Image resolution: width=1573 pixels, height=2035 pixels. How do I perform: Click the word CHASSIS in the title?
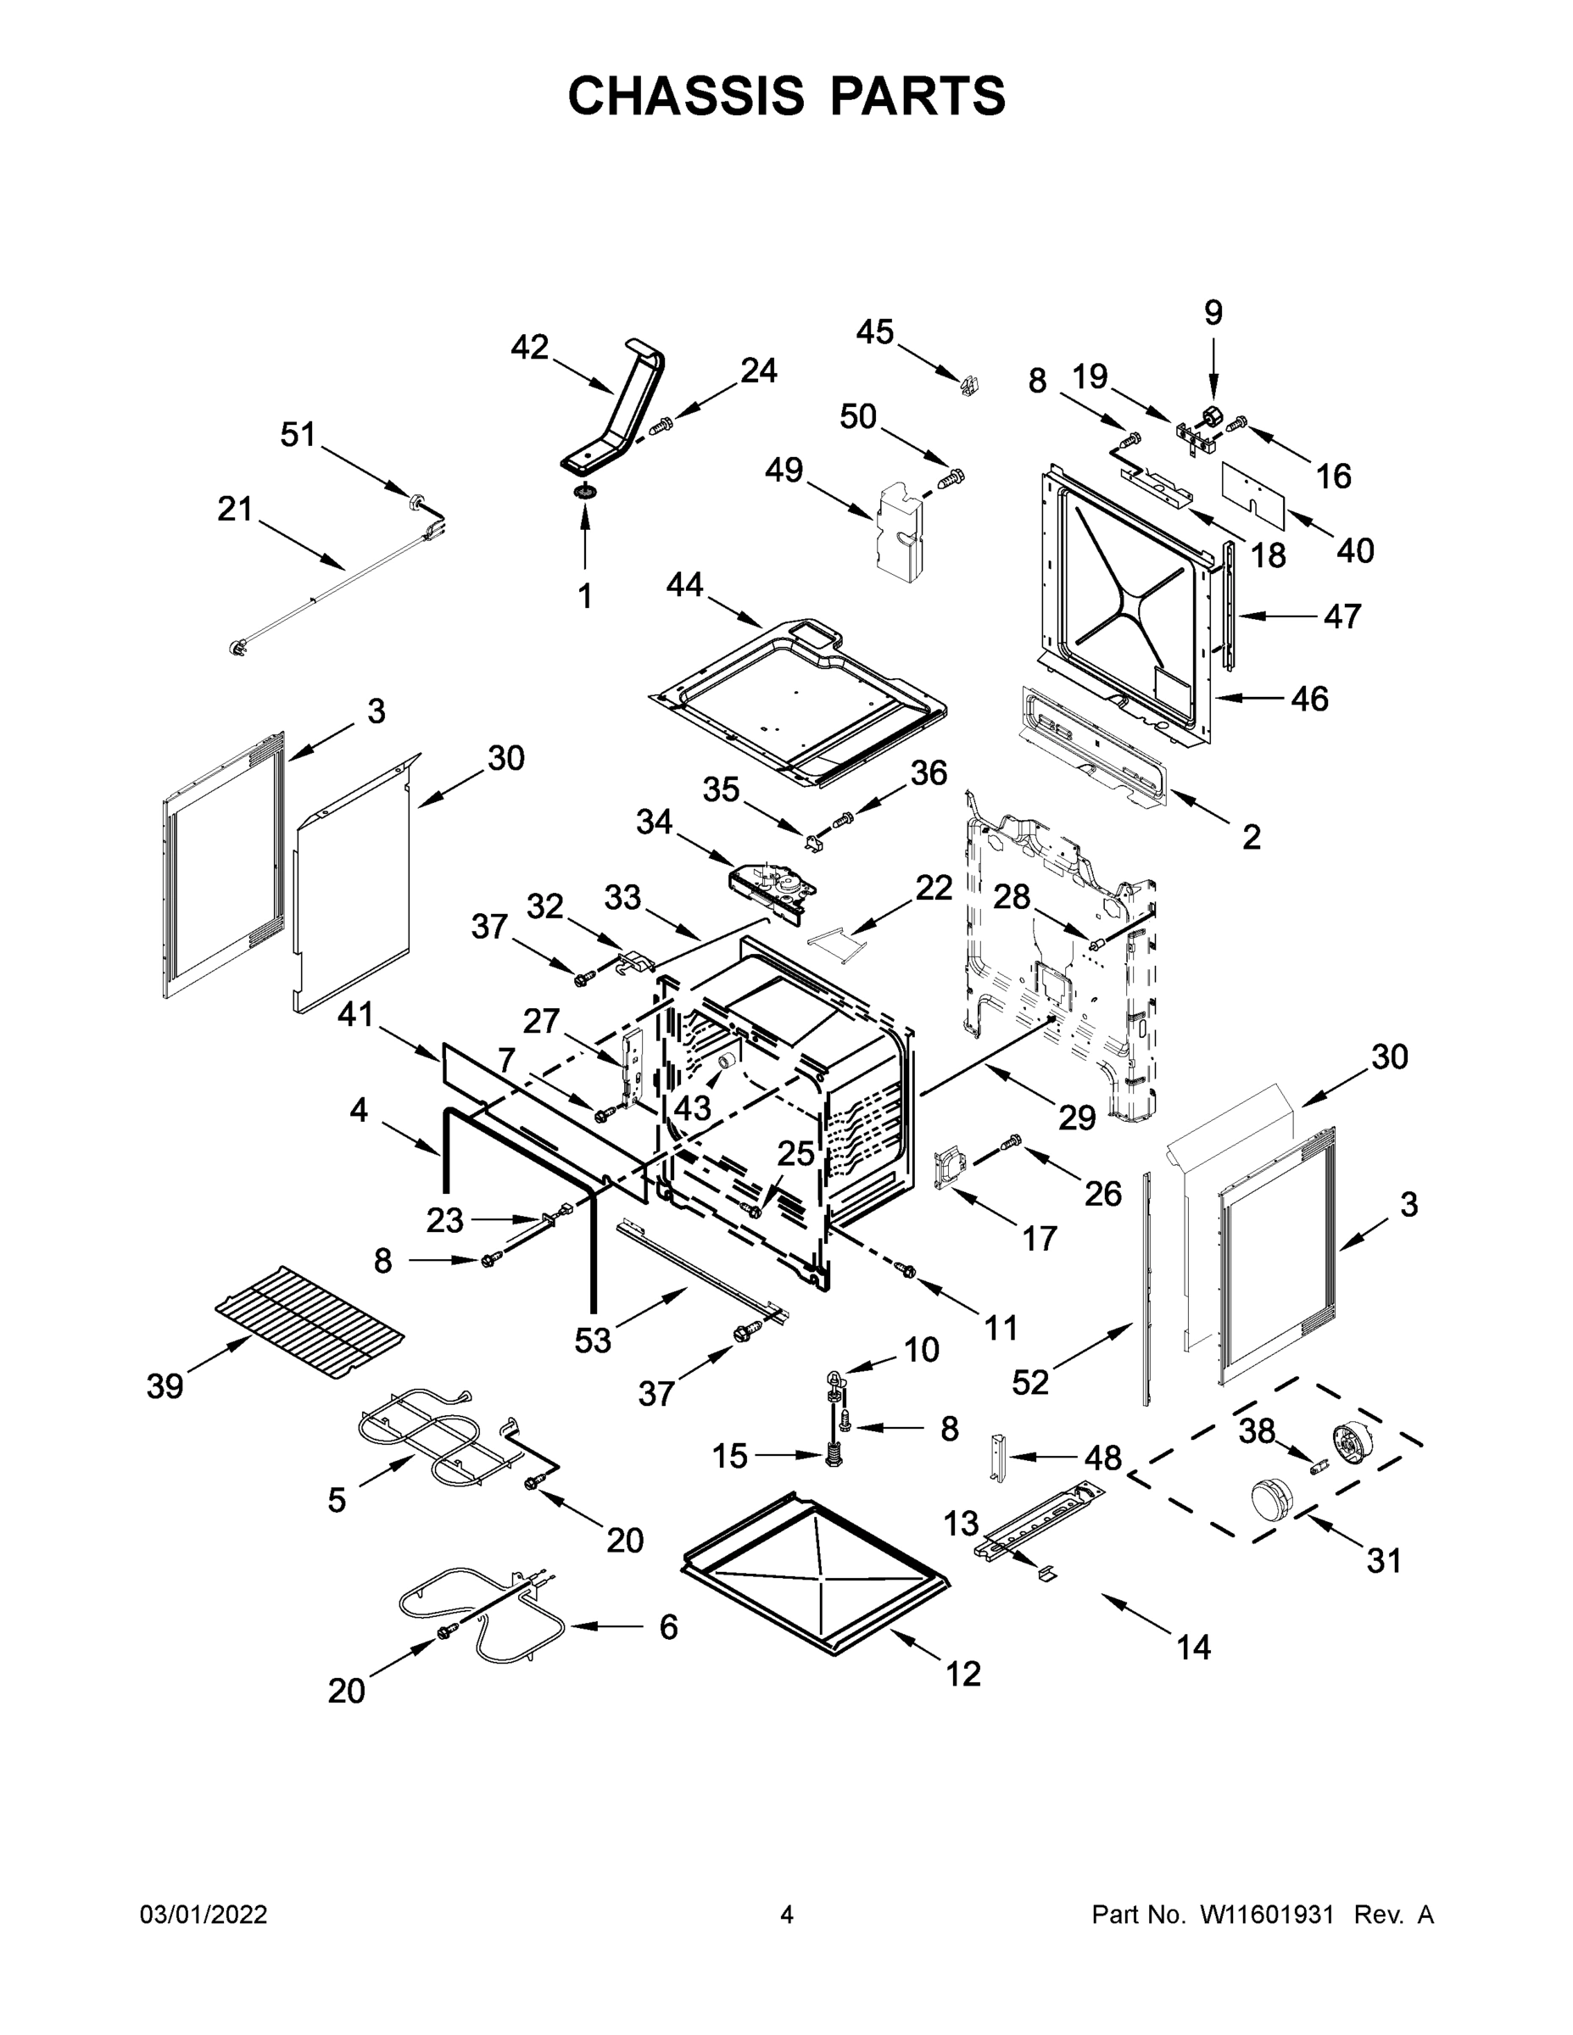(x=686, y=96)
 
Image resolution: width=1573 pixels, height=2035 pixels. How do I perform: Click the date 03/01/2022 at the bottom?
(x=204, y=1915)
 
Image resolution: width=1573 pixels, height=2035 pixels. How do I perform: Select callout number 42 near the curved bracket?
(x=529, y=348)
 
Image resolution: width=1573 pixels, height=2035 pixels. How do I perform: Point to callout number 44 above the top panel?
(x=684, y=585)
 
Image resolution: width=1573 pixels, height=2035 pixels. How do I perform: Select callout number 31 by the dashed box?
(x=1384, y=1560)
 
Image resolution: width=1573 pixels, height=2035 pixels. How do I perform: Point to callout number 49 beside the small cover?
(x=784, y=470)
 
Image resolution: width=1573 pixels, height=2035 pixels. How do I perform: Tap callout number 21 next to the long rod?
(x=235, y=509)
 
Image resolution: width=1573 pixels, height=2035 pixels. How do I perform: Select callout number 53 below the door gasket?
(x=592, y=1340)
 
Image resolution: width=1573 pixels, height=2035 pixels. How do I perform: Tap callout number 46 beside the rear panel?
(x=1308, y=698)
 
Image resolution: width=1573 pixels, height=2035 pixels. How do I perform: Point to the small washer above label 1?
(x=585, y=491)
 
